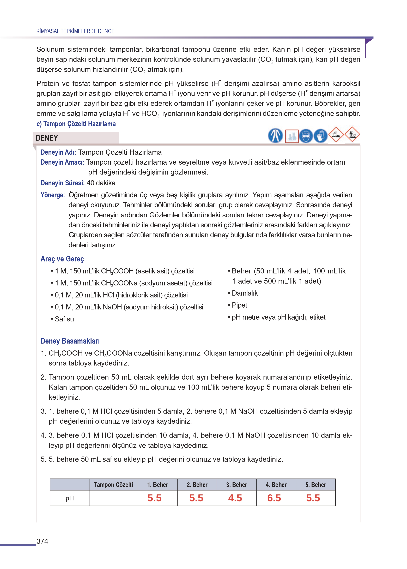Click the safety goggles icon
(x=306, y=136)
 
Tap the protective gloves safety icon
(x=320, y=136)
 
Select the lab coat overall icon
(x=275, y=136)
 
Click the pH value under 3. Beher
(x=235, y=498)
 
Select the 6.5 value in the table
(x=274, y=498)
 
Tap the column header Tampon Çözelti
(x=113, y=484)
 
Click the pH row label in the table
(x=70, y=498)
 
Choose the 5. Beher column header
(x=315, y=484)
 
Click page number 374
(x=42, y=541)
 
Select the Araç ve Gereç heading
(x=62, y=259)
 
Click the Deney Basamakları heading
(x=70, y=341)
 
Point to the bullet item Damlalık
(x=245, y=293)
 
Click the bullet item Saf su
(x=64, y=319)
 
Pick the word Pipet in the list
(x=239, y=305)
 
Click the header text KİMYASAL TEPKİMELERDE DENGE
(x=75, y=31)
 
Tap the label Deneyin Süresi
(x=62, y=183)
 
